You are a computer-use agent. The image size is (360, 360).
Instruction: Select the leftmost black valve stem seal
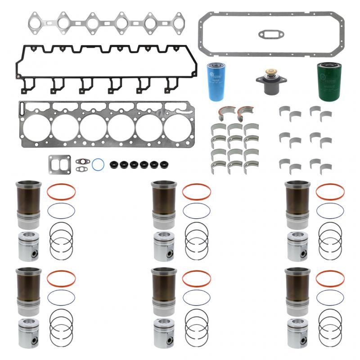click(x=114, y=164)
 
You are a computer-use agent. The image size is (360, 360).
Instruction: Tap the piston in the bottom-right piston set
click(x=297, y=333)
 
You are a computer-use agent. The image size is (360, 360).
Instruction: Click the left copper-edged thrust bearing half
click(x=228, y=111)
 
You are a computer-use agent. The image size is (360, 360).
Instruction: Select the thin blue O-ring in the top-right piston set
click(x=330, y=211)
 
